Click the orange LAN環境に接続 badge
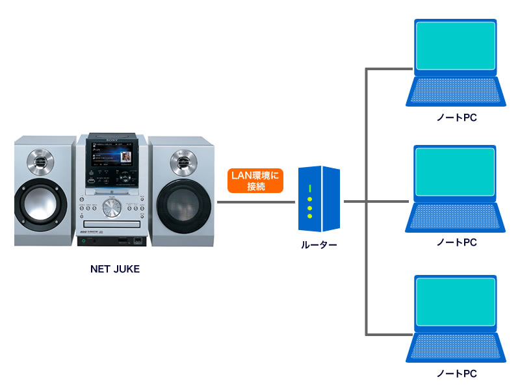point(255,181)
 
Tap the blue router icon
point(318,199)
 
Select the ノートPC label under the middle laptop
point(457,242)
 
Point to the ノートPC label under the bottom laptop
point(457,374)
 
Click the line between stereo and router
point(256,202)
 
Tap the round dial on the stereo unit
point(112,209)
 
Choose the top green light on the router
point(311,188)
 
